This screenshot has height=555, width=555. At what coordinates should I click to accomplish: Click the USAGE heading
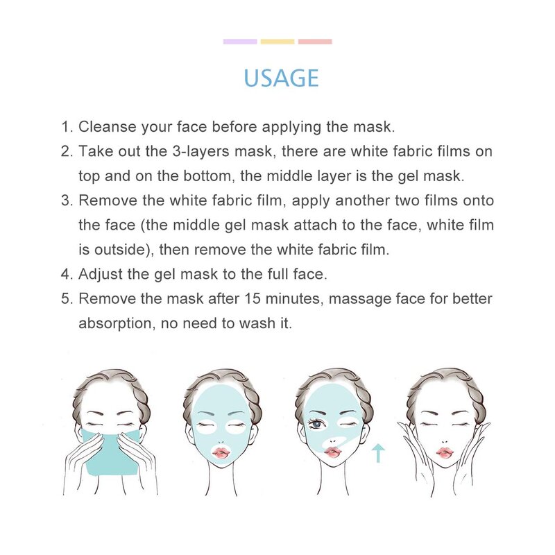(281, 77)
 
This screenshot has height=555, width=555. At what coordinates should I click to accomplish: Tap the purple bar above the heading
(240, 42)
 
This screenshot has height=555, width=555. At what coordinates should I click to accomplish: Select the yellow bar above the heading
(277, 42)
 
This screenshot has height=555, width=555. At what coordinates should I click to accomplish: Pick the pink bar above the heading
(315, 42)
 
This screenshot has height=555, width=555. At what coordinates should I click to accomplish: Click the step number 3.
(66, 200)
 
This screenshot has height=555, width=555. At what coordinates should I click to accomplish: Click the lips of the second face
(220, 452)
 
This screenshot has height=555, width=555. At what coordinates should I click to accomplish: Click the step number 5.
(66, 299)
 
